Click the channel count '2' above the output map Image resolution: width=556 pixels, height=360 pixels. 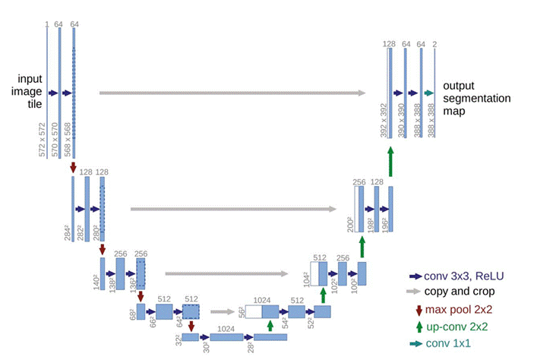tap(434, 45)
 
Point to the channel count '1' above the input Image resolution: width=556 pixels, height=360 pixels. tap(47, 25)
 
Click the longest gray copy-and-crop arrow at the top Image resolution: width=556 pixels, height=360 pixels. tap(232, 93)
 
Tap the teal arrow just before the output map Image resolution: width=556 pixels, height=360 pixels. tap(428, 93)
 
